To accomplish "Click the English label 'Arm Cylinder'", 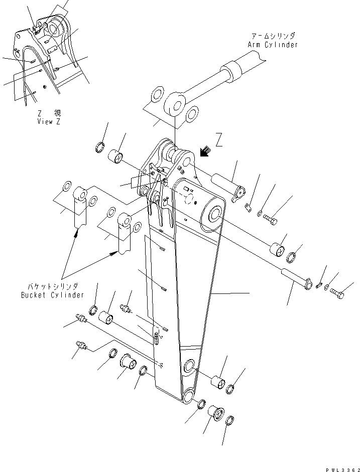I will point(272,45).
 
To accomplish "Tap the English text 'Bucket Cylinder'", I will point(53,294).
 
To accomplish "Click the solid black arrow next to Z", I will point(204,151).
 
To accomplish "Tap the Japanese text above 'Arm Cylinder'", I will point(273,36).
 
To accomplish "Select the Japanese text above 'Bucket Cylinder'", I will point(53,286).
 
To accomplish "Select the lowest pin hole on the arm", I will point(190,396).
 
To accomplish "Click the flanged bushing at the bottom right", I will point(216,413).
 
